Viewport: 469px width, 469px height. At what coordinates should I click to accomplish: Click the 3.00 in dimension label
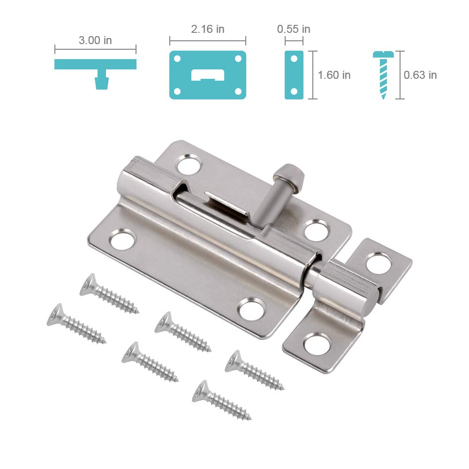coord(95,40)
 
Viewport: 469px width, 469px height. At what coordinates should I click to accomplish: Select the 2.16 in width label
coord(208,29)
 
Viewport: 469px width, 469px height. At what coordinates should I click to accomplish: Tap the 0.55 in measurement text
coord(294,29)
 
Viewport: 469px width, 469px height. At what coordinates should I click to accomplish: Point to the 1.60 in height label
coord(334,75)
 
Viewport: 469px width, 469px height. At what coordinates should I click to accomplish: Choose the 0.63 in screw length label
coord(420,75)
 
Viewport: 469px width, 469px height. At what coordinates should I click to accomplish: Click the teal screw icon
coord(383,74)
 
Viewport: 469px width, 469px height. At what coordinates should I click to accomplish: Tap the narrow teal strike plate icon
coord(294,75)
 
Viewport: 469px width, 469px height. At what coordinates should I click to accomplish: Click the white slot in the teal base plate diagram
coord(208,75)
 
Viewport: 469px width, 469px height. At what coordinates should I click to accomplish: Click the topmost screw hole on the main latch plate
coord(189,165)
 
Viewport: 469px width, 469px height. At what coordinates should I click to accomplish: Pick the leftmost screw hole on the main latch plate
coord(122,240)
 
